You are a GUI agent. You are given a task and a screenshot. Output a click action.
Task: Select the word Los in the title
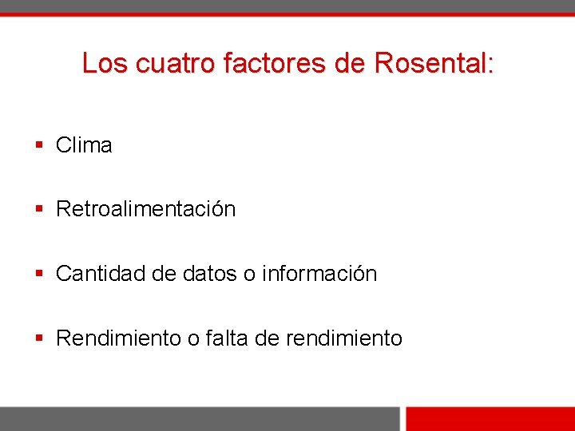105,63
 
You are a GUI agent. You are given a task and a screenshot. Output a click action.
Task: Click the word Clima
84,145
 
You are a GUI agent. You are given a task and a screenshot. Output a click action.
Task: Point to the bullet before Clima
39,145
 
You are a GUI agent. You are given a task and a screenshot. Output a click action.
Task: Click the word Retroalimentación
146,209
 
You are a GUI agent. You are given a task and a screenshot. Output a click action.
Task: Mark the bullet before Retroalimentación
39,209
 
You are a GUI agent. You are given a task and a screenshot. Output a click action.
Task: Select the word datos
209,274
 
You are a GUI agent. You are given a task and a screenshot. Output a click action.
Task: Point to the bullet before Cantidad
39,274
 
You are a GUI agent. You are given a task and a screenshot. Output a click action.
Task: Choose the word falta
227,338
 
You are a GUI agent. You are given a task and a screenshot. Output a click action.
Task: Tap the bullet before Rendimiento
39,338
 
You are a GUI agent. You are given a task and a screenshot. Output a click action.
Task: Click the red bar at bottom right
490,419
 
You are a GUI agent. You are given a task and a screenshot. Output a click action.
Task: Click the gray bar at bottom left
200,419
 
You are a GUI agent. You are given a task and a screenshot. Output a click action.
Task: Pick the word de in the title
350,63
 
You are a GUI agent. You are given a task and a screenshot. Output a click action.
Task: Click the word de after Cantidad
163,274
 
